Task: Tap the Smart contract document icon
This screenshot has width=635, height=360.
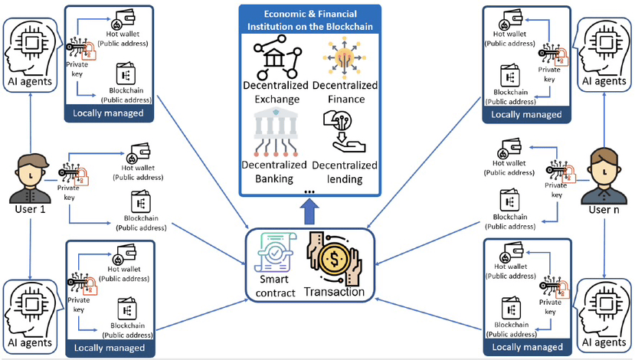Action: coord(277,251)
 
